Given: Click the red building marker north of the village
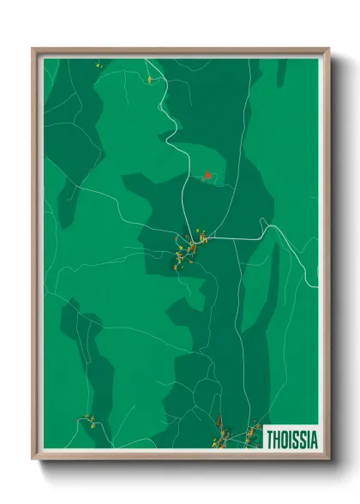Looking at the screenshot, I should [x=207, y=175].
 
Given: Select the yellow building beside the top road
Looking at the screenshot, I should [x=149, y=79].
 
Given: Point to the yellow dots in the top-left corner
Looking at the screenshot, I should [x=97, y=63].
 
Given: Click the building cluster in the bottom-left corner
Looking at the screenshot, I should [x=88, y=420].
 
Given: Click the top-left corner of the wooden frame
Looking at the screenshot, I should [x=33, y=50].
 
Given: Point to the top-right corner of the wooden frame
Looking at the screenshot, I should [x=328, y=50].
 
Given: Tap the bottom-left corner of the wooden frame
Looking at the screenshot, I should [x=33, y=458].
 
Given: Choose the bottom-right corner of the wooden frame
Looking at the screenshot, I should [x=328, y=458].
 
